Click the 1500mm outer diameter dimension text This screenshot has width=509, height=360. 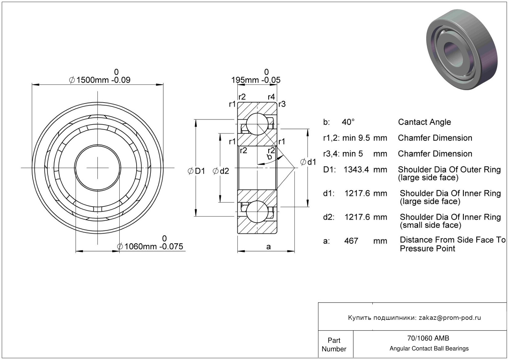coord(100,80)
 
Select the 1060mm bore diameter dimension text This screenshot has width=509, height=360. coord(150,246)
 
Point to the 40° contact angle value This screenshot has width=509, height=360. coord(348,122)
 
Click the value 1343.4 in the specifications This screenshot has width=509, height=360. coord(356,170)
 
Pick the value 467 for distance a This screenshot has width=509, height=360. coord(351,241)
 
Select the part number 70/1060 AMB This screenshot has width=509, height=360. coord(428,338)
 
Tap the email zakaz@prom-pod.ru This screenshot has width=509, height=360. coord(450,317)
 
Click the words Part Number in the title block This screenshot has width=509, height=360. coord(334,345)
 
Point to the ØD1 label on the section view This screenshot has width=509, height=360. coord(196,171)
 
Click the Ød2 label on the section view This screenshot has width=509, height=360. coord(221,171)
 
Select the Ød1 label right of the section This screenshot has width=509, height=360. coord(308,162)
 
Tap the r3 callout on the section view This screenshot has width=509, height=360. coord(282,104)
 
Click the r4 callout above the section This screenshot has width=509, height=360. coord(271,97)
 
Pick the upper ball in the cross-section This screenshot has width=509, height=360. coord(257,124)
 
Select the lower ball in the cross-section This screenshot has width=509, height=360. coord(257,212)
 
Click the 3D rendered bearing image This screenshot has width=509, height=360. coord(462,49)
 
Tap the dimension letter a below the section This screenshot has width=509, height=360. coord(268,247)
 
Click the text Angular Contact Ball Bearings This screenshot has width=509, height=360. coord(429,348)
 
